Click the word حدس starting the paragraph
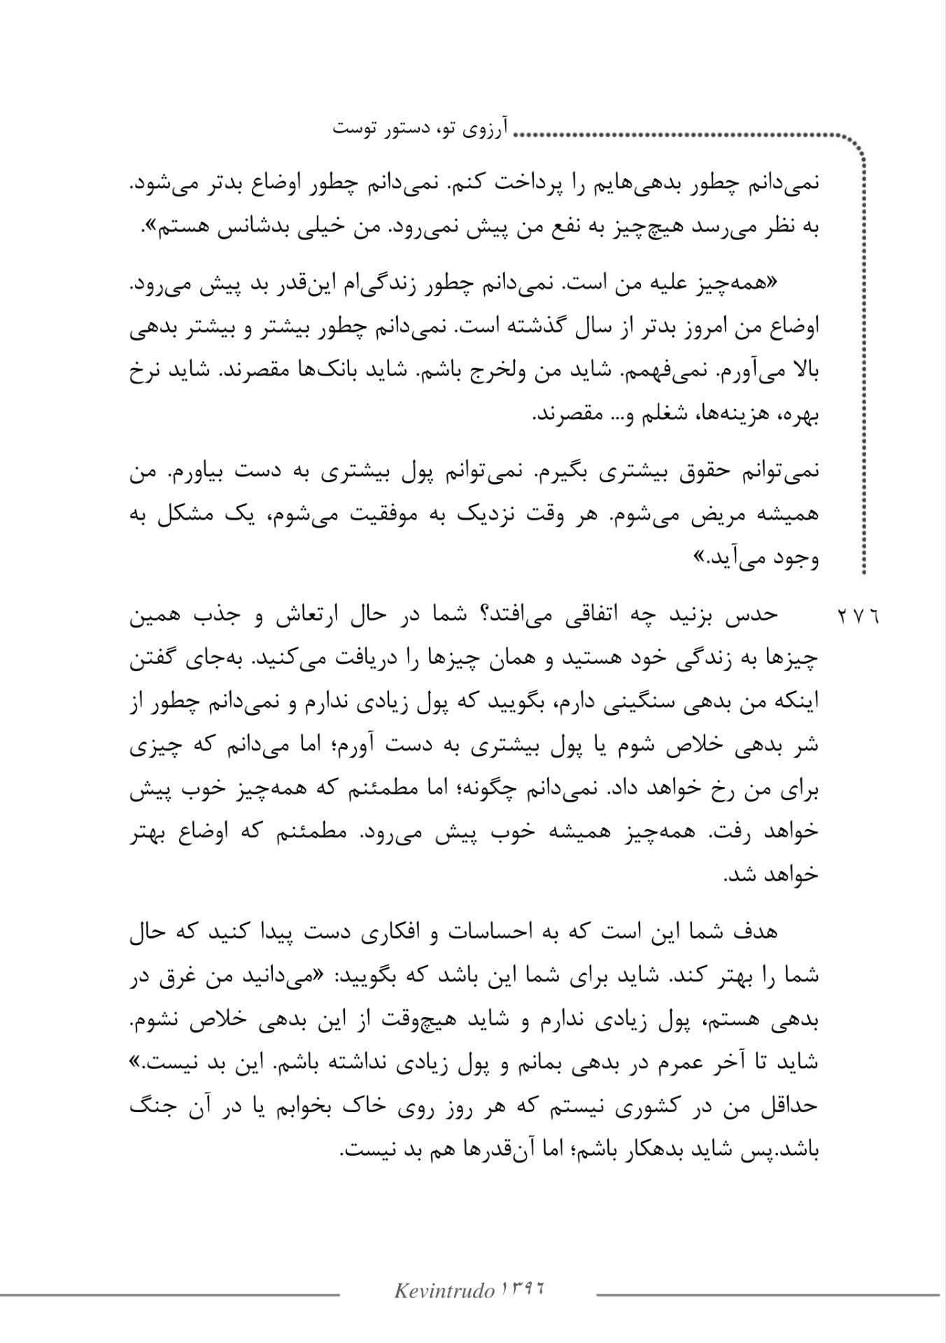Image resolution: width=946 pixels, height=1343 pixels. coord(758,615)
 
